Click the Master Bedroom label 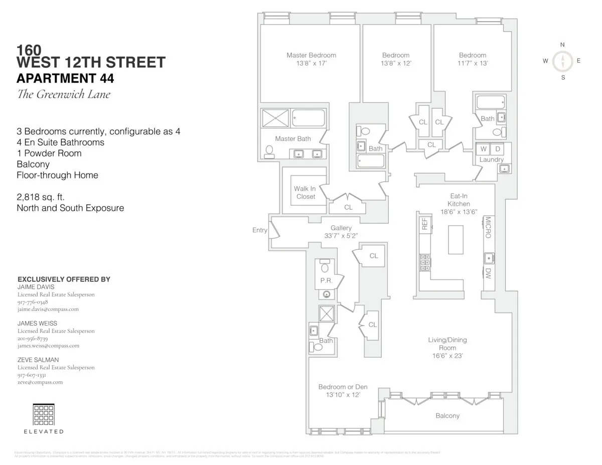pyautogui.click(x=311, y=55)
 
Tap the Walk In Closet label pyautogui.click(x=305, y=193)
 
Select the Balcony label pyautogui.click(x=447, y=416)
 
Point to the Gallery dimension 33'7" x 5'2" pyautogui.click(x=341, y=235)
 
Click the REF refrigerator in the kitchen pyautogui.click(x=424, y=224)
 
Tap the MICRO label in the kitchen pyautogui.click(x=488, y=228)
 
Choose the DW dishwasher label pyautogui.click(x=488, y=273)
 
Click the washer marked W pyautogui.click(x=484, y=149)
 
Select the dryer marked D pyautogui.click(x=498, y=149)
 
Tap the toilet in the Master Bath pyautogui.click(x=269, y=151)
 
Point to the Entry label pyautogui.click(x=259, y=230)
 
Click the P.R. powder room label pyautogui.click(x=326, y=281)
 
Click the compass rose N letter pyautogui.click(x=562, y=45)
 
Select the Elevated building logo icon pyautogui.click(x=44, y=414)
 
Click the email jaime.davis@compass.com pyautogui.click(x=48, y=309)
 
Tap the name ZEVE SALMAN pyautogui.click(x=38, y=360)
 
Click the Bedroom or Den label pyautogui.click(x=343, y=387)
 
